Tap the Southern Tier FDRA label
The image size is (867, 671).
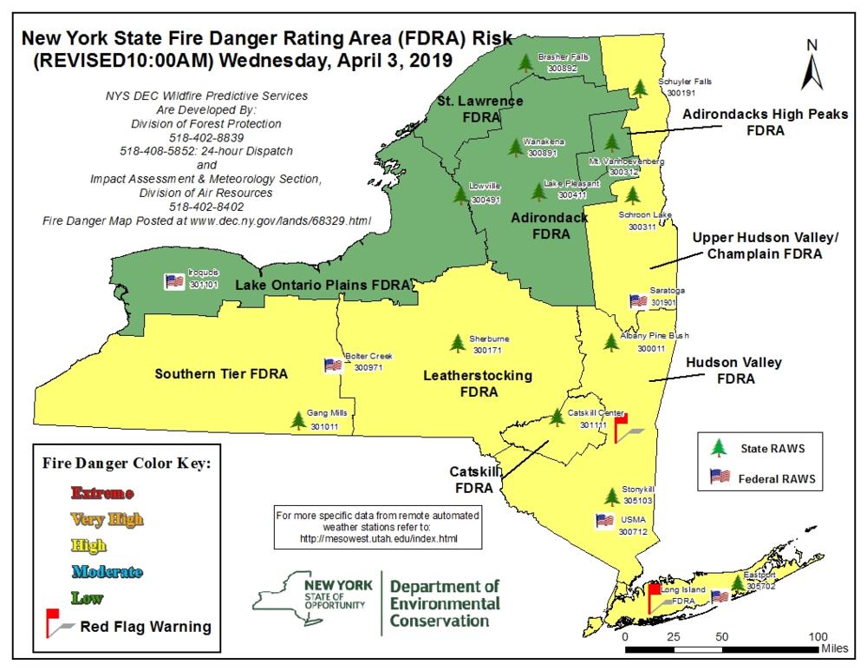pyautogui.click(x=220, y=373)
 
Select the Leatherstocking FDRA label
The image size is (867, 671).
pyautogui.click(x=478, y=383)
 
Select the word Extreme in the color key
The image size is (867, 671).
pyautogui.click(x=101, y=493)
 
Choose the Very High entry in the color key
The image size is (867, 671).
pyautogui.click(x=107, y=519)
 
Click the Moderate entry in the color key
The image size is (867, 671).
pyautogui.click(x=107, y=571)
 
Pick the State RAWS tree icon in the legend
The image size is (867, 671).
pyautogui.click(x=717, y=448)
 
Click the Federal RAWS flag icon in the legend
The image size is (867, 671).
pyautogui.click(x=719, y=477)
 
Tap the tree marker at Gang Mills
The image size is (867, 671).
pyautogui.click(x=298, y=421)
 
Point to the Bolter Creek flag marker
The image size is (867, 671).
pyautogui.click(x=332, y=365)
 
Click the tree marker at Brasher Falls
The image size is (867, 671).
pyautogui.click(x=525, y=62)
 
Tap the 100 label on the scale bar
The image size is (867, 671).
pyautogui.click(x=818, y=635)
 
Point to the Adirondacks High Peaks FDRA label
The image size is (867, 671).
pyautogui.click(x=752, y=122)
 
